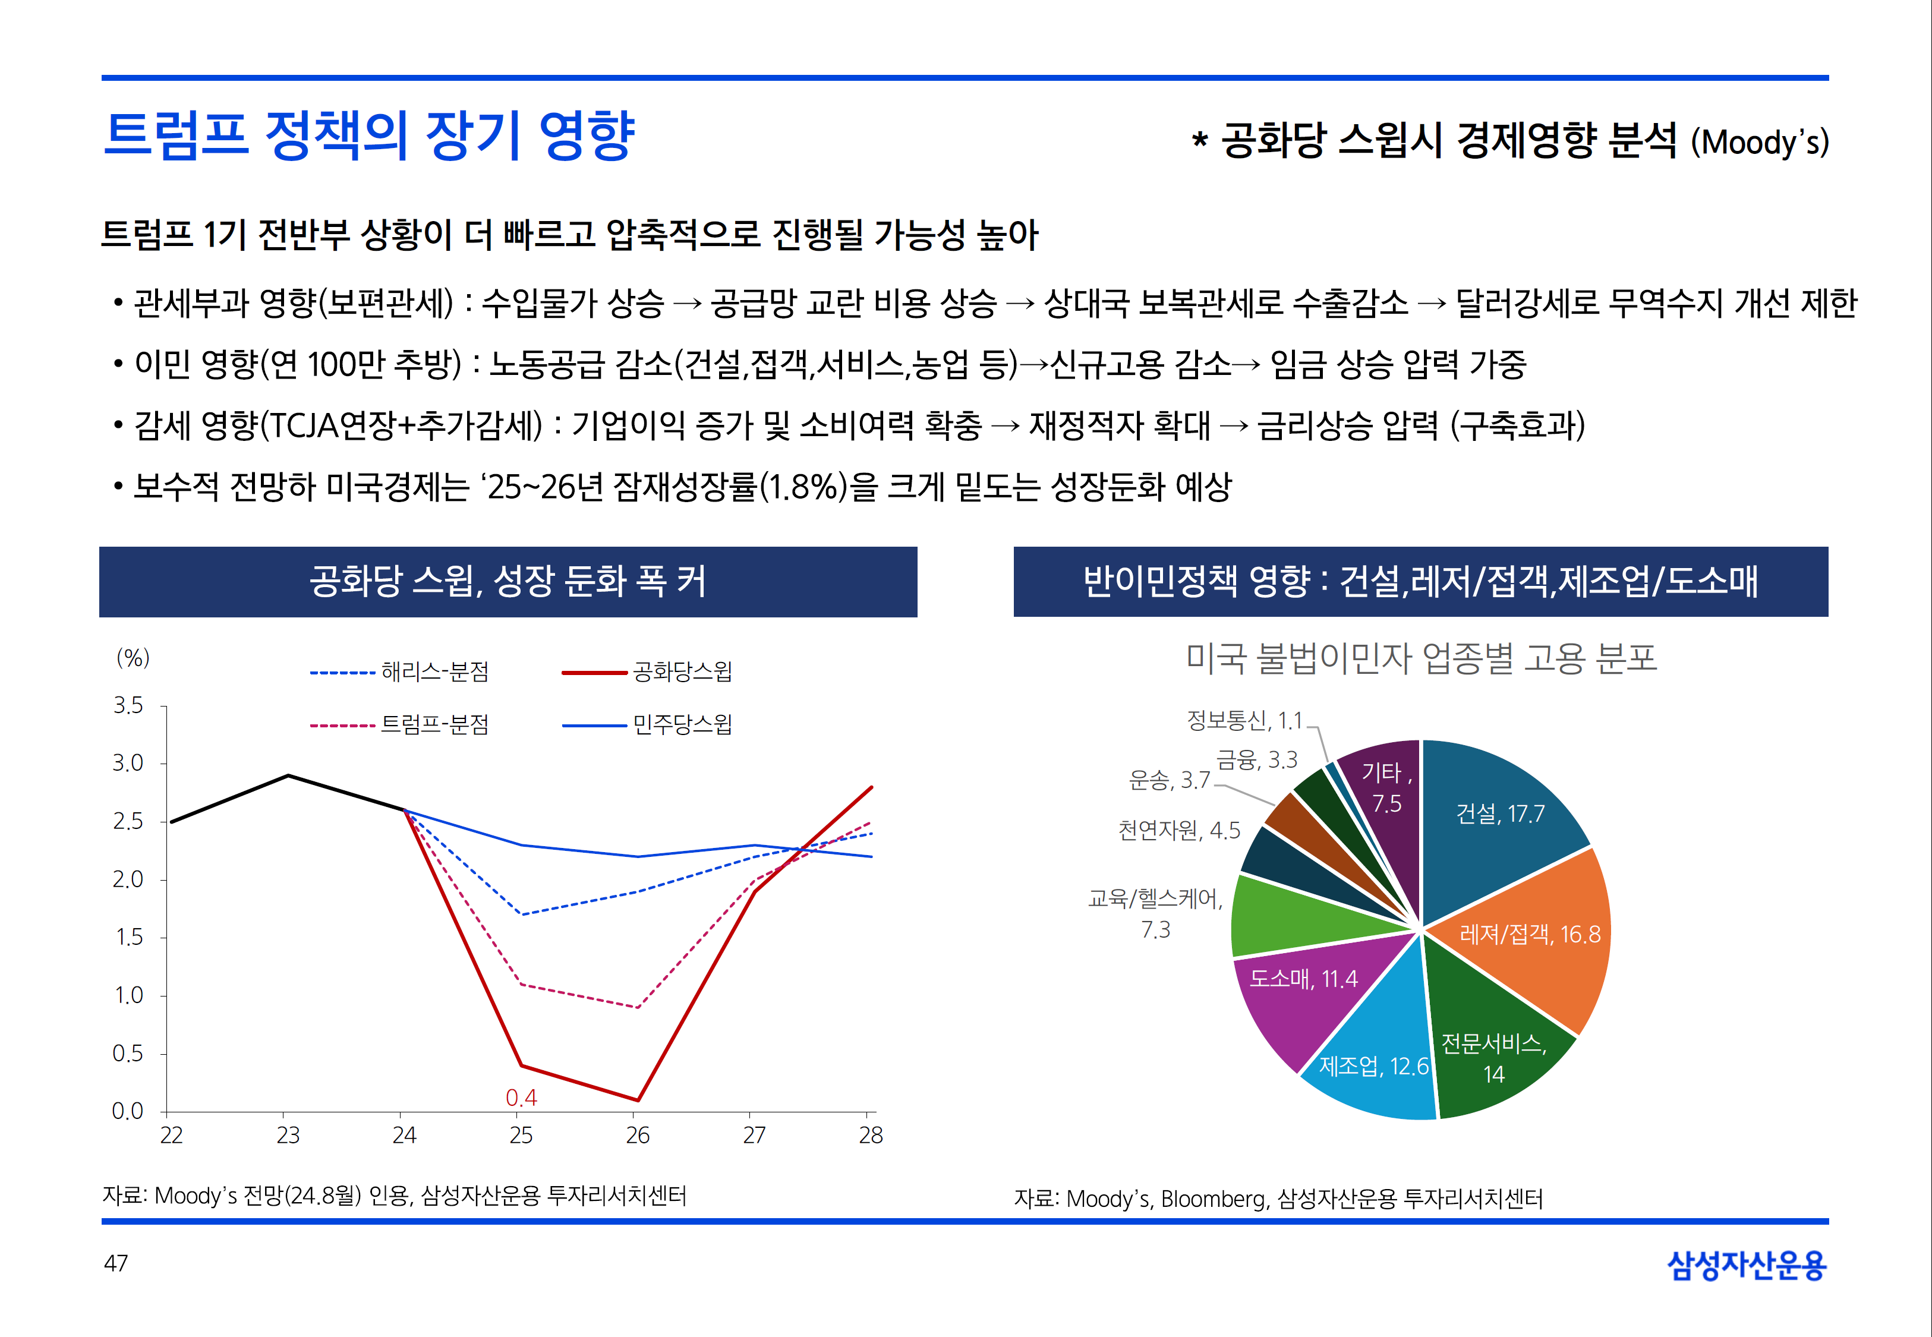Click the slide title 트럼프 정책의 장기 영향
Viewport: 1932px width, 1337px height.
[x=368, y=135]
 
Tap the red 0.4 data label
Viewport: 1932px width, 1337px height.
[x=521, y=1098]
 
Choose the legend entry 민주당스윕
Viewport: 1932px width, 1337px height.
[x=647, y=724]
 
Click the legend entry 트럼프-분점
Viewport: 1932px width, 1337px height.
[x=399, y=724]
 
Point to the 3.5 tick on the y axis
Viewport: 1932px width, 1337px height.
[x=128, y=705]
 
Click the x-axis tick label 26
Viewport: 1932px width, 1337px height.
[x=638, y=1135]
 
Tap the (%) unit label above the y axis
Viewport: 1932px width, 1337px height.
[x=133, y=658]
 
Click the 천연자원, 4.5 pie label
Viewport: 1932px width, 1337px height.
[x=1179, y=830]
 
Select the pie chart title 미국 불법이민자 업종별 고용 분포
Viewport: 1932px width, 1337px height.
[x=1421, y=658]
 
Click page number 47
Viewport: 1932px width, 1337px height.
[x=116, y=1263]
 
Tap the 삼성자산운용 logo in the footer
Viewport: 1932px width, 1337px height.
[x=1746, y=1265]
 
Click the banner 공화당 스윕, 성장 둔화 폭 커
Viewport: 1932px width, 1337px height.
[x=508, y=581]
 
